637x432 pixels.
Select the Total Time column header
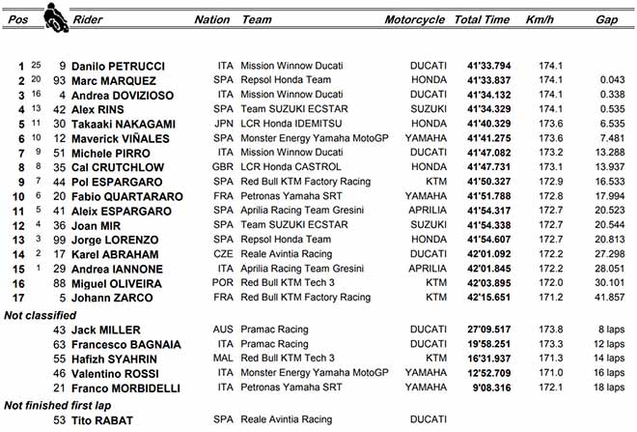tap(482, 19)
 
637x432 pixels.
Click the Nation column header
tap(212, 19)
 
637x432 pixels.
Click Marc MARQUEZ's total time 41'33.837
tap(484, 80)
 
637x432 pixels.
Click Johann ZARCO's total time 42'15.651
tap(484, 297)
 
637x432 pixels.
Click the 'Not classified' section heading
tap(41, 314)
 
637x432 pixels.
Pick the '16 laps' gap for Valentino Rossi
tap(606, 373)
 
